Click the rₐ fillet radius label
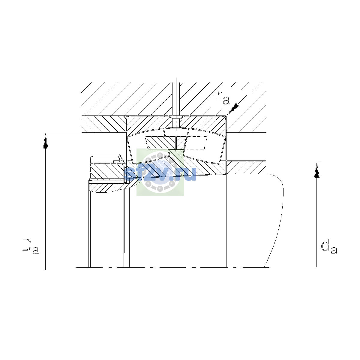coord(223,98)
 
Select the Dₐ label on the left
coord(30,246)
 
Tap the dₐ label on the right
coord(329,247)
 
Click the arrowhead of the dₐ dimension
coord(317,170)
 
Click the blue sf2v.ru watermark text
coord(161,174)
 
